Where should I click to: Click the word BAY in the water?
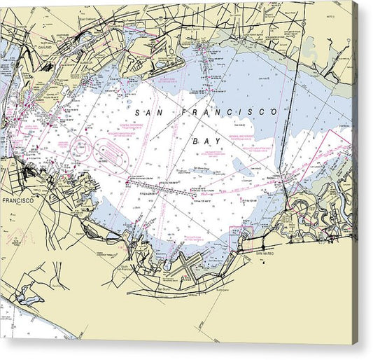click(201, 141)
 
